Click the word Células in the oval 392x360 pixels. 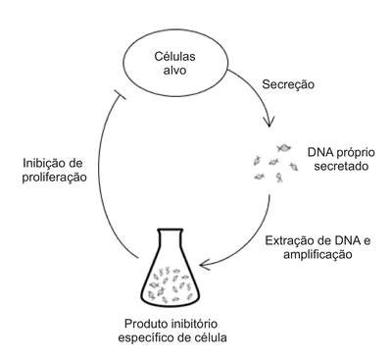(x=174, y=56)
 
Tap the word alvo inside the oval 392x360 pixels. (x=174, y=71)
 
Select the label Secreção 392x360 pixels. (x=288, y=84)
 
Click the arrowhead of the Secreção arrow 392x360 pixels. (x=269, y=123)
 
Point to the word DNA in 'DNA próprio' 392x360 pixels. (x=318, y=153)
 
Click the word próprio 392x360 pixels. (x=354, y=153)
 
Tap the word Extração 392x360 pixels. (x=288, y=241)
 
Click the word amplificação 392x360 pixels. (x=318, y=255)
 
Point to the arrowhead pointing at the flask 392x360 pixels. (x=204, y=264)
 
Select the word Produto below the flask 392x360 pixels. (x=144, y=324)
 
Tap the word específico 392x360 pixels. (x=146, y=337)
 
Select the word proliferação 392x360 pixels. (x=55, y=177)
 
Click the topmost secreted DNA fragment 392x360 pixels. (x=283, y=148)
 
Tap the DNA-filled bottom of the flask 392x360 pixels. (x=170, y=284)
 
